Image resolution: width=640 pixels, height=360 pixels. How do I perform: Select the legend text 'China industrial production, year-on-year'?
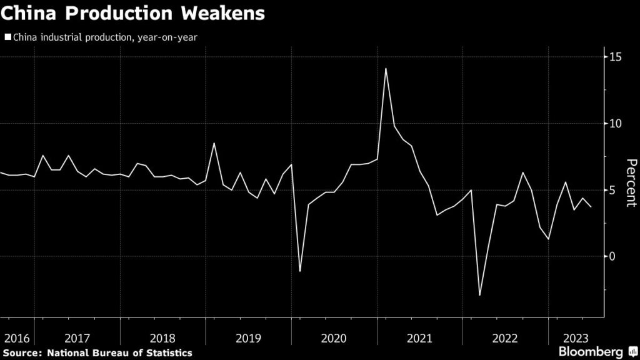(x=104, y=37)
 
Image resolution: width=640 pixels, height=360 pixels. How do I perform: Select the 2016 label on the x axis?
(x=16, y=339)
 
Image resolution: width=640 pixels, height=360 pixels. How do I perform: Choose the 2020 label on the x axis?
(x=333, y=339)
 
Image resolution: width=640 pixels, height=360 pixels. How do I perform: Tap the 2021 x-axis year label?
(x=419, y=339)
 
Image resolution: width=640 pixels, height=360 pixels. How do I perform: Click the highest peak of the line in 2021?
(x=386, y=69)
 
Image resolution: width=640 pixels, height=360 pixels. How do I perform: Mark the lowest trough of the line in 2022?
(x=480, y=295)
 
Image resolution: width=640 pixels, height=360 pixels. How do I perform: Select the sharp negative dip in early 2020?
(x=300, y=271)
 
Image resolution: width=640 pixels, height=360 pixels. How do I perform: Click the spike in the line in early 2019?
(x=214, y=144)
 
